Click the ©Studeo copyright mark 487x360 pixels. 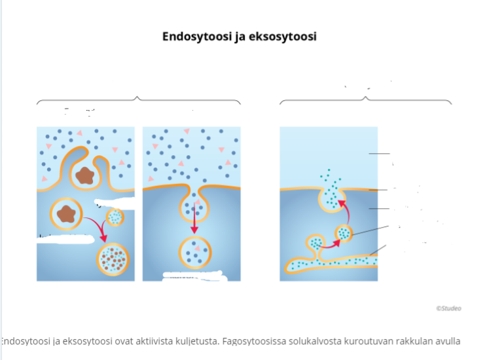448,308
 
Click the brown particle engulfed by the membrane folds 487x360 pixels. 84,175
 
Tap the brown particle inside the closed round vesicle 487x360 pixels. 66,213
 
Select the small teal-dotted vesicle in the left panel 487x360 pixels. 115,217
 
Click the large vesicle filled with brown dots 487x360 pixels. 113,260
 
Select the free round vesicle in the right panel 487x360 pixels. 344,232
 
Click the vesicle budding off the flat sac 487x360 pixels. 316,244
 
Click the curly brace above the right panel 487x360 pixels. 365,100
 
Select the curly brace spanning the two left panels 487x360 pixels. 138,100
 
